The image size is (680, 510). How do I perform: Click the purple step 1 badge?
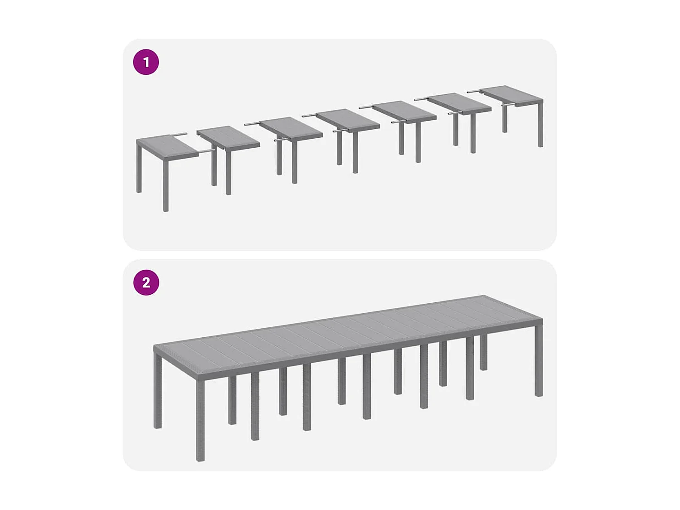146,62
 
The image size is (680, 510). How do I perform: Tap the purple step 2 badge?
146,282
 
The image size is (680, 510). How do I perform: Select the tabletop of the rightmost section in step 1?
511,95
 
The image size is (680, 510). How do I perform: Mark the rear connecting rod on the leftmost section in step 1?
179,135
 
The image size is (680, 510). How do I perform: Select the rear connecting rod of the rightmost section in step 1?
474,92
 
